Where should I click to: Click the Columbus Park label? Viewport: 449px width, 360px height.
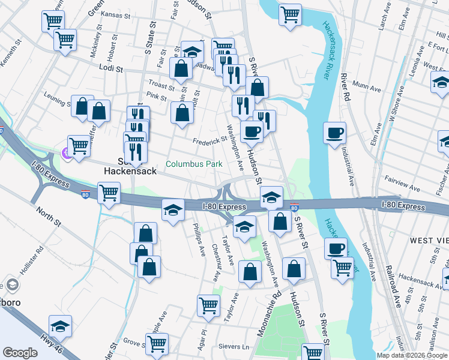click(194, 164)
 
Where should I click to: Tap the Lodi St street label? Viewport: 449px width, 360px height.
click(111, 70)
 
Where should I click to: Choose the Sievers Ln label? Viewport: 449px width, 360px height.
click(237, 347)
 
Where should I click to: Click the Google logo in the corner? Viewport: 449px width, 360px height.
click(20, 353)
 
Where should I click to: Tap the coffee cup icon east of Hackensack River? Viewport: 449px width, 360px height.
click(335, 133)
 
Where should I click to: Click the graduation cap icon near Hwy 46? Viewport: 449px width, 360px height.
click(60, 326)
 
